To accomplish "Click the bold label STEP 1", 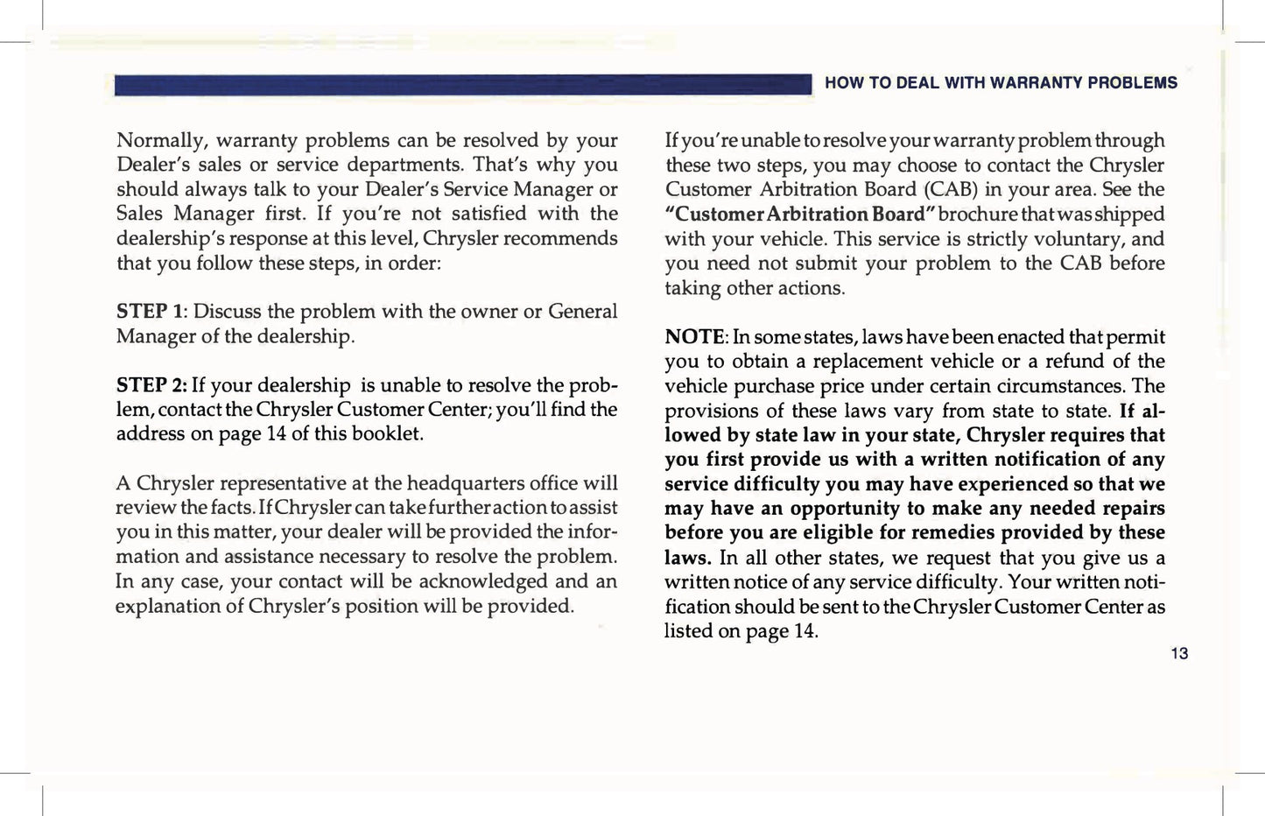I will [x=150, y=312].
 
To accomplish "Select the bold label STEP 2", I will [x=151, y=385].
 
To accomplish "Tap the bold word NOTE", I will [x=695, y=337].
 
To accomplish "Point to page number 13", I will [x=1179, y=653].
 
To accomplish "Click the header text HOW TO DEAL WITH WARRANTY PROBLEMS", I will [x=1001, y=83].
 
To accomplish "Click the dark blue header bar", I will [x=463, y=84].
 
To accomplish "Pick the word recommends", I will [x=565, y=238].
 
